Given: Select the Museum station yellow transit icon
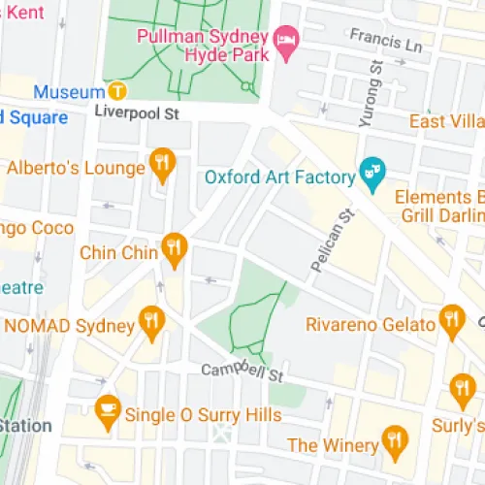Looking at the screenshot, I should (117, 92).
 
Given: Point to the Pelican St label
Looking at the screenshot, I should (330, 240).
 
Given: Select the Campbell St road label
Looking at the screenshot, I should (242, 372).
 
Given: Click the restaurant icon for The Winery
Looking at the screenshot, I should (394, 440).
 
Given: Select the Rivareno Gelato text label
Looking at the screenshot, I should (370, 323).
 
